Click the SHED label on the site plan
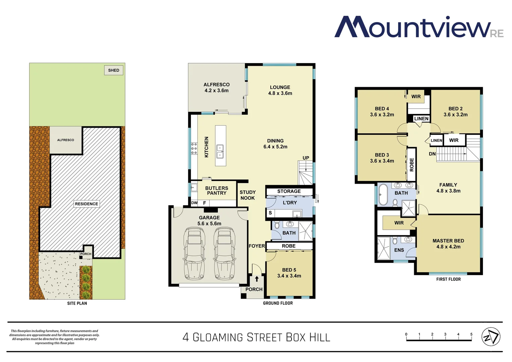pos(114,70)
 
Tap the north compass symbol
pos(491,337)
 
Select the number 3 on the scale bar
pos(445,334)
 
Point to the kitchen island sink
pos(220,151)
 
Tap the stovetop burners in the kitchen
pos(194,148)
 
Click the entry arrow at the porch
pos(257,279)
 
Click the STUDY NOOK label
pos(248,195)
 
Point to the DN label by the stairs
pos(432,154)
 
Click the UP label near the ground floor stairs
pos(306,158)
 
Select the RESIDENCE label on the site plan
pos(86,204)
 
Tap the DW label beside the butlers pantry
pos(194,203)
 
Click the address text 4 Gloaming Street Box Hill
pos(256,337)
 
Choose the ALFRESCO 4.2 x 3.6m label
pos(216,87)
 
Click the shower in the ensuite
pos(384,248)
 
